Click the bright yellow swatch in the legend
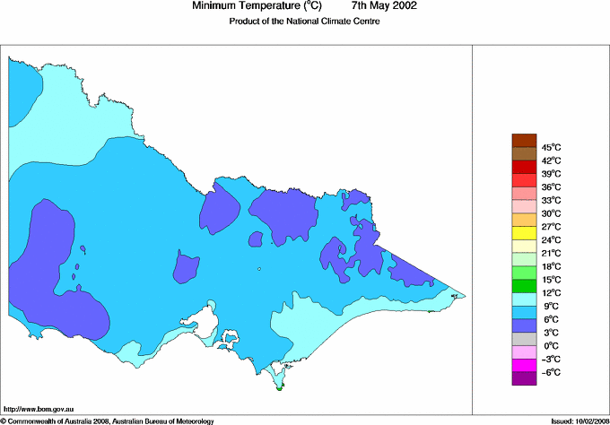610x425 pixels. (524, 233)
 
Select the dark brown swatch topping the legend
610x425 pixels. (524, 140)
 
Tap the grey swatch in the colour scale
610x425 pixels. (524, 339)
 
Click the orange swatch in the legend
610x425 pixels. (524, 220)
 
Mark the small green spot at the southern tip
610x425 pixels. (281, 388)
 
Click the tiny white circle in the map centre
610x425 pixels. (258, 269)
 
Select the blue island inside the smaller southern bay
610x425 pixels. (231, 340)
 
